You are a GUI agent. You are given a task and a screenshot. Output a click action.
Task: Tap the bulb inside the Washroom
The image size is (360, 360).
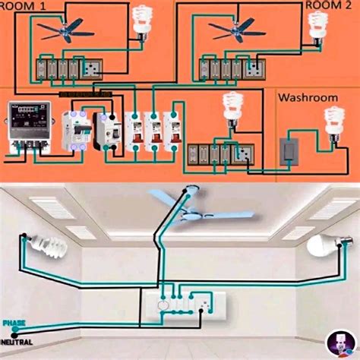pyautogui.click(x=332, y=119)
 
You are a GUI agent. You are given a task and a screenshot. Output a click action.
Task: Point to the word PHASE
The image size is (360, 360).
pyautogui.click(x=13, y=323)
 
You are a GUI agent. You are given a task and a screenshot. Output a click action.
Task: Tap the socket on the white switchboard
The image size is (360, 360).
pyautogui.click(x=204, y=305)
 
